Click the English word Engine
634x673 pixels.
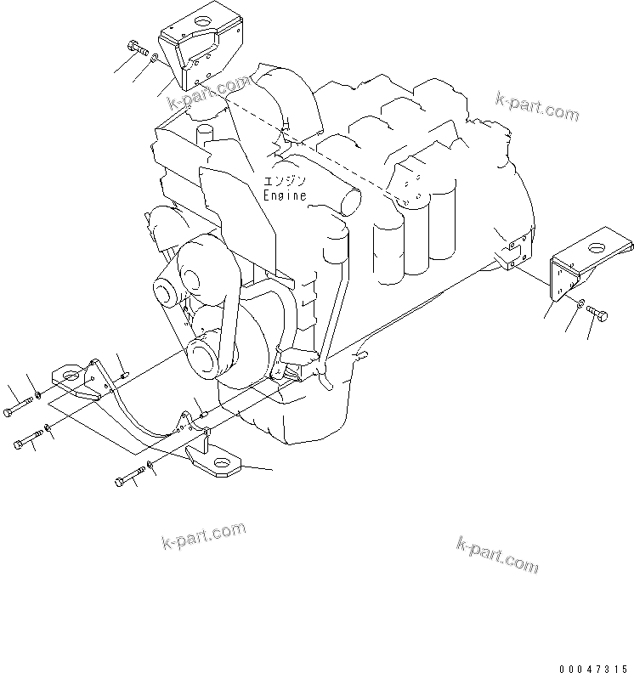tap(284, 195)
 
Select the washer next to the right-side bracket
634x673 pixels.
tap(577, 304)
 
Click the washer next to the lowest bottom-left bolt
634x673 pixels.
tap(150, 466)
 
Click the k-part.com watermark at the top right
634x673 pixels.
tap(536, 107)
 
